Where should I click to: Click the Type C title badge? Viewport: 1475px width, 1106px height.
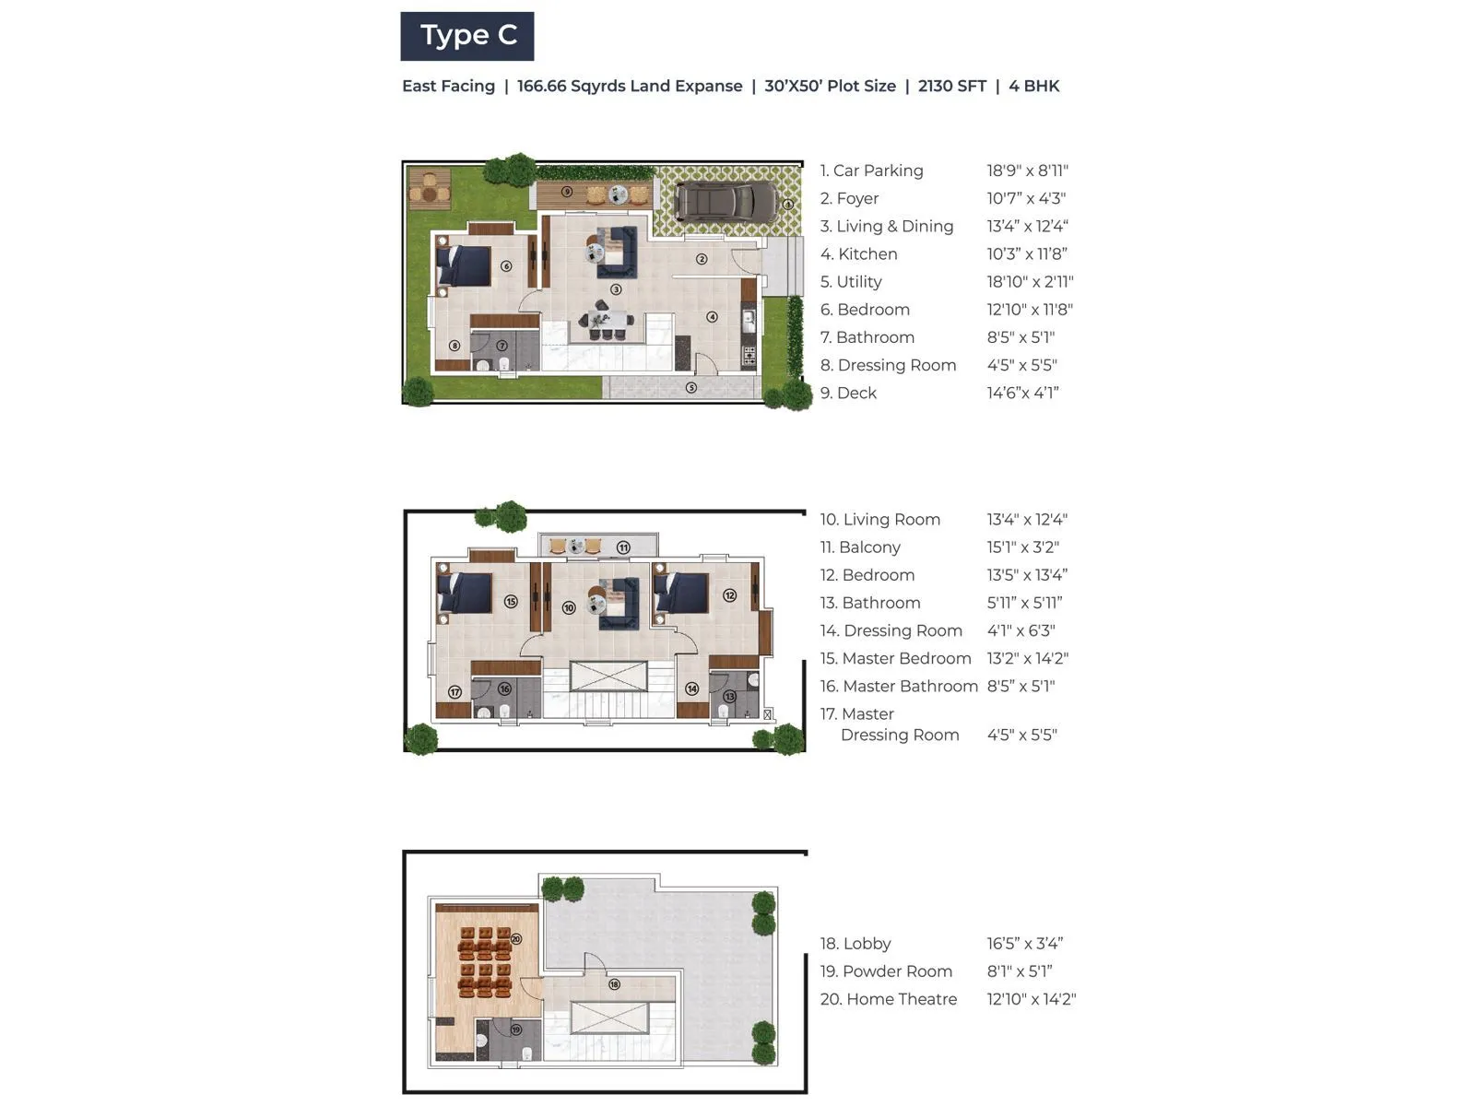467,36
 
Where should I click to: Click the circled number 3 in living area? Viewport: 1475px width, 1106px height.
616,289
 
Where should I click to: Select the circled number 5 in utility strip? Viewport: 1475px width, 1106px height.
691,388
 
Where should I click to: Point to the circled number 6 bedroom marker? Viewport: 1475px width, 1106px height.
506,266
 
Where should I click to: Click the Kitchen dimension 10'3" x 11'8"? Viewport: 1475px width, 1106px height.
1026,254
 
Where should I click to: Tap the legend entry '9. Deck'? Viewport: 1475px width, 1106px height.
848,394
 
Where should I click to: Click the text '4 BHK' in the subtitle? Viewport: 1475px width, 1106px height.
1033,87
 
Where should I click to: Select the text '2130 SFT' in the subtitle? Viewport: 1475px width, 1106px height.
951,87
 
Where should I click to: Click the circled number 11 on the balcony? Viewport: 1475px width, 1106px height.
623,547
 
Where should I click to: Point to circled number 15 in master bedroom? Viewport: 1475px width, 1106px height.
511,602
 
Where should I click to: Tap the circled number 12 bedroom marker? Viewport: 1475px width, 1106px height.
730,595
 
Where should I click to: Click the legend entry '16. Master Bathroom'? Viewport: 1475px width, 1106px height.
899,687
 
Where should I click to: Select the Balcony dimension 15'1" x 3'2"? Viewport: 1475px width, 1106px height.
1022,547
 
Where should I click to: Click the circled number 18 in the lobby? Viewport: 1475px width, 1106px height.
614,984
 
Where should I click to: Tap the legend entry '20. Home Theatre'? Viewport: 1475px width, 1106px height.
889,1000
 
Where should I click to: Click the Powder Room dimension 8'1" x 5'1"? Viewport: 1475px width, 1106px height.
1019,971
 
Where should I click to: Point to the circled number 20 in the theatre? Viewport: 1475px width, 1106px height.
516,939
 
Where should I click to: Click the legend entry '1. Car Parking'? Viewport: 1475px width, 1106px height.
871,171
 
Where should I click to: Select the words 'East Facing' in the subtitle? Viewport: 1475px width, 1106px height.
448,87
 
